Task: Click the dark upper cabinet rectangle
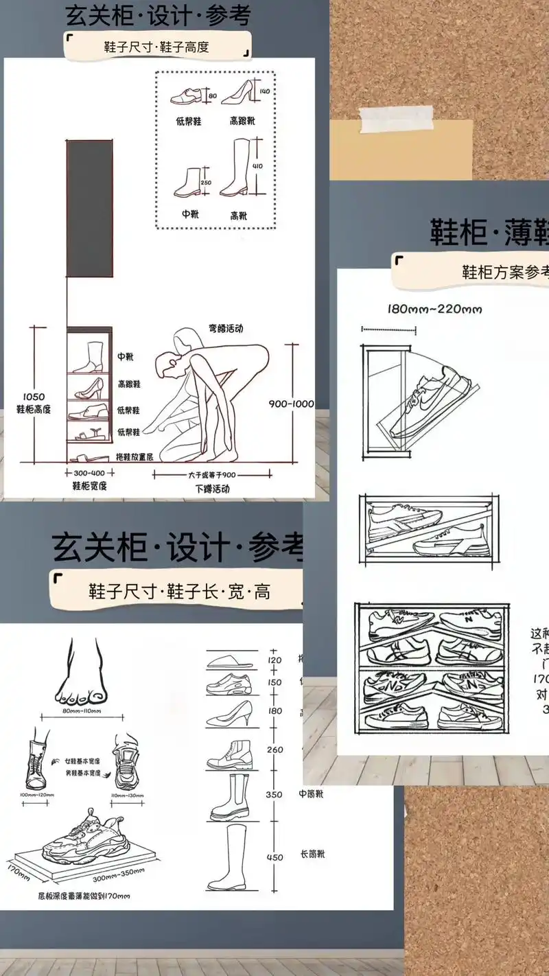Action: [89, 208]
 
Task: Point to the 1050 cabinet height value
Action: [34, 397]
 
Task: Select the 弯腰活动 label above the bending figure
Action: [226, 328]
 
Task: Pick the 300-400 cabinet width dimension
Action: [89, 473]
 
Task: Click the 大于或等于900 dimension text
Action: [211, 474]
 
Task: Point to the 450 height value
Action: [274, 857]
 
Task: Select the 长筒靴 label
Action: [312, 855]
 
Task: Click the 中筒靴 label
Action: [312, 794]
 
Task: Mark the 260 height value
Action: [274, 750]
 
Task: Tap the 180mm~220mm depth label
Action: [434, 310]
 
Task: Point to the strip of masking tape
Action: [398, 121]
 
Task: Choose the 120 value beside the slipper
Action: [274, 660]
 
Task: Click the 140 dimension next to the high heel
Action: [265, 91]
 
